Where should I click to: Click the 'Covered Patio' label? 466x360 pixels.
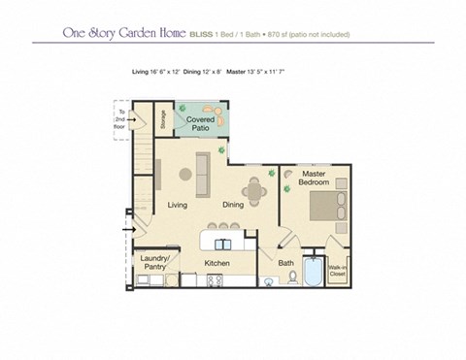(x=202, y=122)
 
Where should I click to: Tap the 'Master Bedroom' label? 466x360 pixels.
(x=313, y=179)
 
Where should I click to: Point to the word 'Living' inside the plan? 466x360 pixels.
(x=177, y=205)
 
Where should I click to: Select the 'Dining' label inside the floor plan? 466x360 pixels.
(x=233, y=205)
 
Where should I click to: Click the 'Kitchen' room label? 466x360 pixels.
(x=216, y=262)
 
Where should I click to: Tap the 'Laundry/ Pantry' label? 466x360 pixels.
(x=154, y=262)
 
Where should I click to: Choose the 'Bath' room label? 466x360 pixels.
(x=285, y=262)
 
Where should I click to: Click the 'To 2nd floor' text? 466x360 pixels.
(x=120, y=120)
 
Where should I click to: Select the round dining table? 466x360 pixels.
(x=255, y=190)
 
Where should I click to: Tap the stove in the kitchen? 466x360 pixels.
(x=216, y=281)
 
